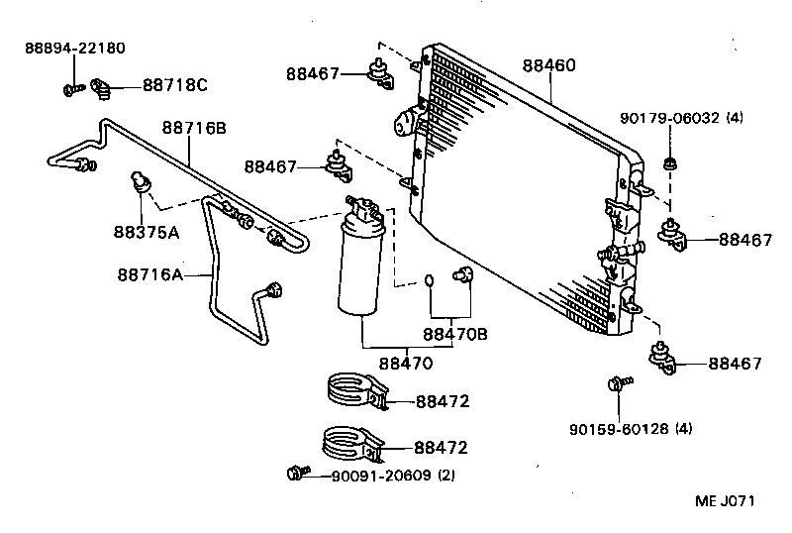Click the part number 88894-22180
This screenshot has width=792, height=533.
(75, 48)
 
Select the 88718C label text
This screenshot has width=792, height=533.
(174, 85)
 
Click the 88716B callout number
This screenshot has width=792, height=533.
(194, 127)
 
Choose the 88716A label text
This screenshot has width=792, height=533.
(149, 274)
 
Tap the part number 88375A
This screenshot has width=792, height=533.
(146, 233)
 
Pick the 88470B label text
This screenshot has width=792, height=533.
(455, 334)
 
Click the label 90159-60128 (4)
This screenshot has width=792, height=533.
(631, 429)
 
